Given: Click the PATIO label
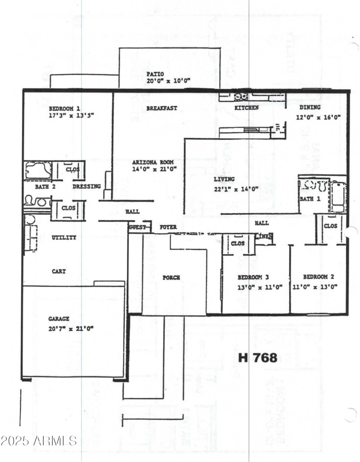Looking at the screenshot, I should [155, 73].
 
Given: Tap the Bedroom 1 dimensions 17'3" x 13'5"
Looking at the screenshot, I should [71, 115].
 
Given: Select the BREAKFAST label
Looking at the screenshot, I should [162, 109].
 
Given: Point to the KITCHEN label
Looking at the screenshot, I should [247, 108].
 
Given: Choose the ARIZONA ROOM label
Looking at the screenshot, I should [153, 162].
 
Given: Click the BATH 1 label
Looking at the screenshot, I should [310, 199].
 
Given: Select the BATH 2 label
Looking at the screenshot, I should [45, 186].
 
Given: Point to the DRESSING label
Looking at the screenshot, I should [87, 186].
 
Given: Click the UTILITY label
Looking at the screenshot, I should [64, 237].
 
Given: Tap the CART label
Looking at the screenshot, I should [59, 272].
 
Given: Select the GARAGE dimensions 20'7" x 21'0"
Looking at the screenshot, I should [71, 329].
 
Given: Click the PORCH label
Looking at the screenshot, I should [171, 278].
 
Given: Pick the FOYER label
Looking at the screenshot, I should [168, 227].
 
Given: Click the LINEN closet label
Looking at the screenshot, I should [263, 236].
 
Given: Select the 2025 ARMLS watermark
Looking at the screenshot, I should [39, 440].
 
